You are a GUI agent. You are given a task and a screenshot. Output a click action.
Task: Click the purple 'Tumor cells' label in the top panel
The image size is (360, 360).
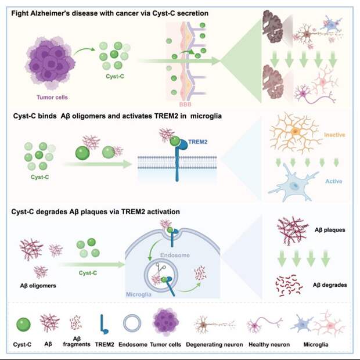coord(52,98)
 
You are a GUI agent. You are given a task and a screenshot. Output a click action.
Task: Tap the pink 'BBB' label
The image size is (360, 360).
coord(185,105)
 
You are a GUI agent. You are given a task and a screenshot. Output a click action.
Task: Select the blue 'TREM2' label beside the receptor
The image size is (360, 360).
coord(198,142)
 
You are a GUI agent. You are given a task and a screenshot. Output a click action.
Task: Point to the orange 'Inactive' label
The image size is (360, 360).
coord(334,135)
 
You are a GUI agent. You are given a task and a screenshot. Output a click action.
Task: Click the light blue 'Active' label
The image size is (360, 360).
coord(334,181)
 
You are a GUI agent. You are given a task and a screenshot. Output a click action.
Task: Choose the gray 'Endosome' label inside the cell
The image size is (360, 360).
coord(175,255)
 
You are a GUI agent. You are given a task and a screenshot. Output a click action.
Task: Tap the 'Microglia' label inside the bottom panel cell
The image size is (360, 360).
coord(139,294)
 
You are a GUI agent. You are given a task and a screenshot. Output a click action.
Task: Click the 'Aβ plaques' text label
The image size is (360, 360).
coord(330,230)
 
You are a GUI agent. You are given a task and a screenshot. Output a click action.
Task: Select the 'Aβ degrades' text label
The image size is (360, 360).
coord(330,285)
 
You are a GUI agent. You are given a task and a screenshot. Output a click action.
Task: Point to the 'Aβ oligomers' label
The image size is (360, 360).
coord(38,286)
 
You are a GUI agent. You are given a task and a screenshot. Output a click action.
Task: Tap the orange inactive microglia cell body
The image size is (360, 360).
coord(295,131)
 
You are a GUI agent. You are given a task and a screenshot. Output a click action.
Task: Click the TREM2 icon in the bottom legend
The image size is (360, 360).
coord(104,324)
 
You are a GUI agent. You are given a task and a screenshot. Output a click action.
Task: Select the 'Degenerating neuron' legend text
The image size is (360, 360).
coord(214,344)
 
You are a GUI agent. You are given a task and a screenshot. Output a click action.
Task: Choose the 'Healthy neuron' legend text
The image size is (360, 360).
coord(269,344)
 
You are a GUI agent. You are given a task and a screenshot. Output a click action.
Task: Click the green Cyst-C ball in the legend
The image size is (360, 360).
coord(23,325)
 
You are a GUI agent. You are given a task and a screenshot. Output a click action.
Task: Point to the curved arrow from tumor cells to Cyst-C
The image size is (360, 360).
coord(84,51)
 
